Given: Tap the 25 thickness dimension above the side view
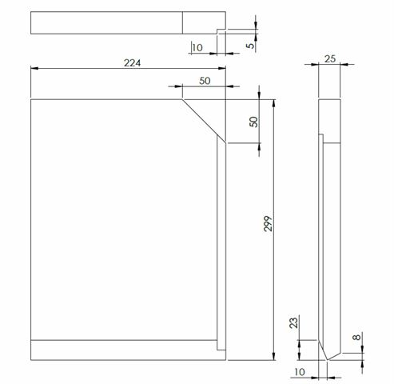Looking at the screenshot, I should click(328, 59).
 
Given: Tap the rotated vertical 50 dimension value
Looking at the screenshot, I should click(253, 122).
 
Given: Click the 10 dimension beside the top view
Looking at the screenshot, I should click(197, 48).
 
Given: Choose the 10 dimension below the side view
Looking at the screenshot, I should click(300, 371).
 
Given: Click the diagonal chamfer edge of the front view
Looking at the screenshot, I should click(204, 121).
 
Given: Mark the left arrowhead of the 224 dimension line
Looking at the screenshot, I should click(34, 69).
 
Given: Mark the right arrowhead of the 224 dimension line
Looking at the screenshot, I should click(223, 69).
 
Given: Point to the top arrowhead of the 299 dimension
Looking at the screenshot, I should click(274, 102).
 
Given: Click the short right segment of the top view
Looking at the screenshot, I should click(204, 22).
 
